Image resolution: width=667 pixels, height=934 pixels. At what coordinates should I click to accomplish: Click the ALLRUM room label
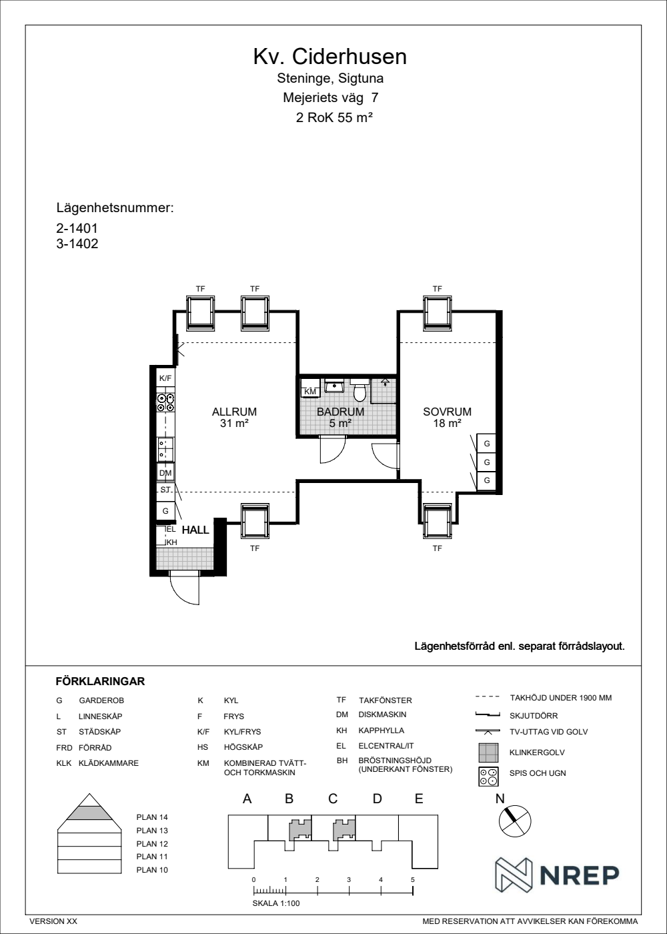pos(234,412)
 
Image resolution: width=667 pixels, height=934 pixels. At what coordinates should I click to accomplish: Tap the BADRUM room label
pos(341,412)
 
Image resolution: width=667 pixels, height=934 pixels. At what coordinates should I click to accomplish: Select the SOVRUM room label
pos(448,412)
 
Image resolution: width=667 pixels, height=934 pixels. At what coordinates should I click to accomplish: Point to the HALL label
pos(195,530)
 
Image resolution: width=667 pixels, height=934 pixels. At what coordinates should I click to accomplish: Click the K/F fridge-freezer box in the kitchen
pos(165,379)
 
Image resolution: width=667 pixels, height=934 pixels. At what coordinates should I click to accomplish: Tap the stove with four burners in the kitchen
pos(165,403)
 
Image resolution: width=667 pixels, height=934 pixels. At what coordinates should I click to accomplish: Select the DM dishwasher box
pos(165,473)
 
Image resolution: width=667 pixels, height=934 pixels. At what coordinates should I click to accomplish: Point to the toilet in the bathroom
pos(360,389)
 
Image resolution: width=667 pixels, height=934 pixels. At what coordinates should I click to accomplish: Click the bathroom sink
pos(333,386)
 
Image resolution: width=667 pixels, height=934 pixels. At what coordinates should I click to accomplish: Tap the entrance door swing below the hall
pos(184,588)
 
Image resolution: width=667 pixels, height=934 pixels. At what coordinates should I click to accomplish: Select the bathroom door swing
pos(332,450)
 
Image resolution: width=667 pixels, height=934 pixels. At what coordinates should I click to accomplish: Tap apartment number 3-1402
pos(77,244)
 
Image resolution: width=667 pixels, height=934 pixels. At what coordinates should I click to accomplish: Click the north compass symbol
pos(515,821)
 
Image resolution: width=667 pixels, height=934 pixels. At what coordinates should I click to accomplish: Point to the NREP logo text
pos(580,875)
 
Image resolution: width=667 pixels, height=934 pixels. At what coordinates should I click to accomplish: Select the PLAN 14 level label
pos(152,817)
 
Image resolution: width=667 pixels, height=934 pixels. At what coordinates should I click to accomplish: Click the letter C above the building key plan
pos(333,799)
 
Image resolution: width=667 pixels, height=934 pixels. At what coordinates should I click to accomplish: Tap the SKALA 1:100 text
pos(276,903)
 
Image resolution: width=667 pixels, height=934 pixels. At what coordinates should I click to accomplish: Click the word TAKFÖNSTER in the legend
pos(386,700)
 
